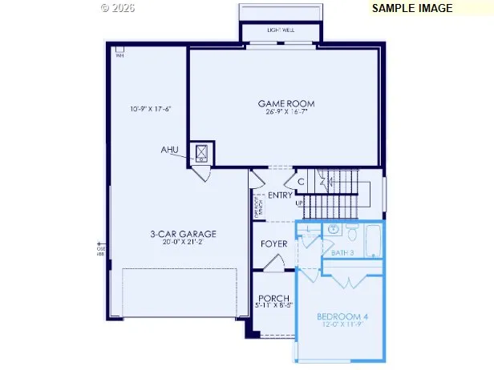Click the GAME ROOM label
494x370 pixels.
click(x=285, y=103)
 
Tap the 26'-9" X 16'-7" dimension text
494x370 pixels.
click(x=285, y=112)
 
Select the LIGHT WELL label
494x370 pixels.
click(x=281, y=30)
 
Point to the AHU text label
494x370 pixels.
click(x=169, y=150)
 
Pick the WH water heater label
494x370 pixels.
click(x=119, y=55)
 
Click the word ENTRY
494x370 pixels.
click(x=280, y=195)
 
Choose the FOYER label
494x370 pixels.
click(x=274, y=243)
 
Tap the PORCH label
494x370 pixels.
click(x=273, y=298)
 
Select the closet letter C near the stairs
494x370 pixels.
click(x=301, y=183)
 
